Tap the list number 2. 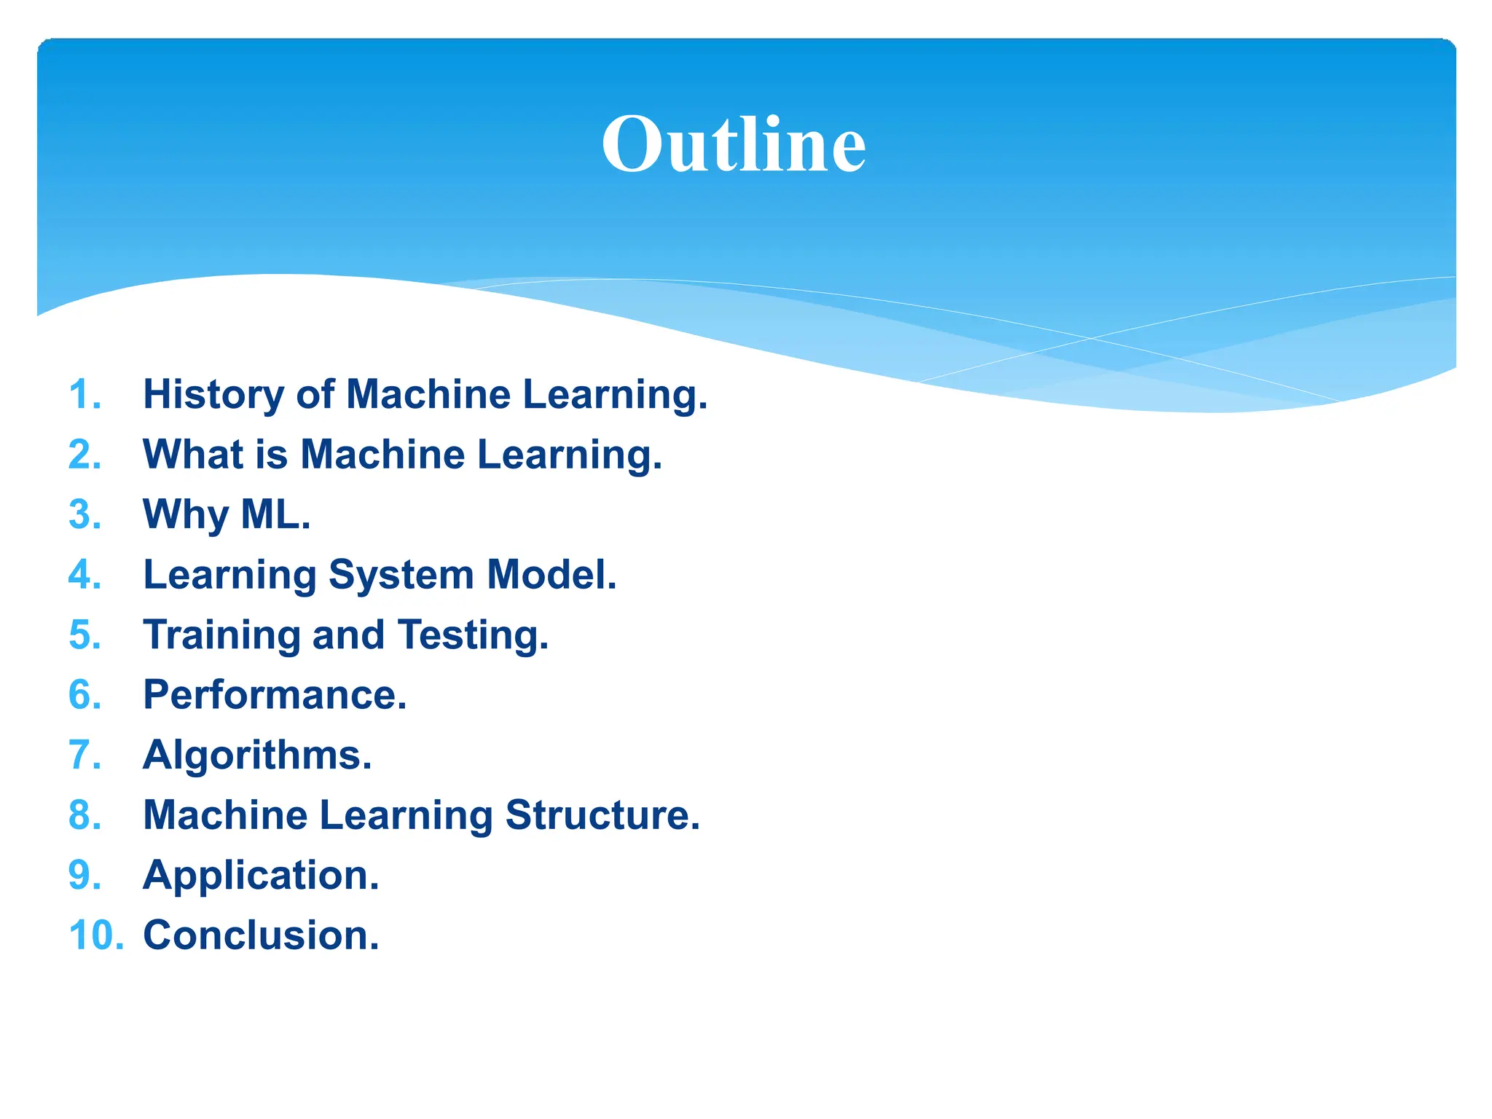85,455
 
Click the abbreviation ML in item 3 271,514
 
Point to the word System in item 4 401,576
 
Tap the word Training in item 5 221,635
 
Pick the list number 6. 85,695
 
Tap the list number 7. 85,755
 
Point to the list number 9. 85,875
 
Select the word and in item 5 348,635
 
